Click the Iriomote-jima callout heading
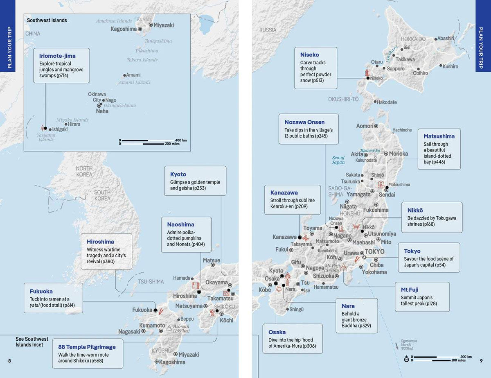point(57,56)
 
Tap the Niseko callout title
point(309,54)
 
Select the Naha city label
point(102,111)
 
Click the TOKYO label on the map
point(374,251)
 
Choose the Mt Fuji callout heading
point(410,290)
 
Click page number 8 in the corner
point(10,360)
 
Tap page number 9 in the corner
point(481,360)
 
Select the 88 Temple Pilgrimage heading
point(87,347)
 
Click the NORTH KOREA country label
point(84,172)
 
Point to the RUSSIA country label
point(268,30)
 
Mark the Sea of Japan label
point(338,160)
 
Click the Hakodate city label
point(387,102)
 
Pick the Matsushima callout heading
point(439,136)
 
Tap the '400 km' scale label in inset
point(181,140)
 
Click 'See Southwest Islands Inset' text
point(32,342)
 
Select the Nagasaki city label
point(129,331)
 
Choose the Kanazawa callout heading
point(284,192)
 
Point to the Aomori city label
point(365,126)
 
